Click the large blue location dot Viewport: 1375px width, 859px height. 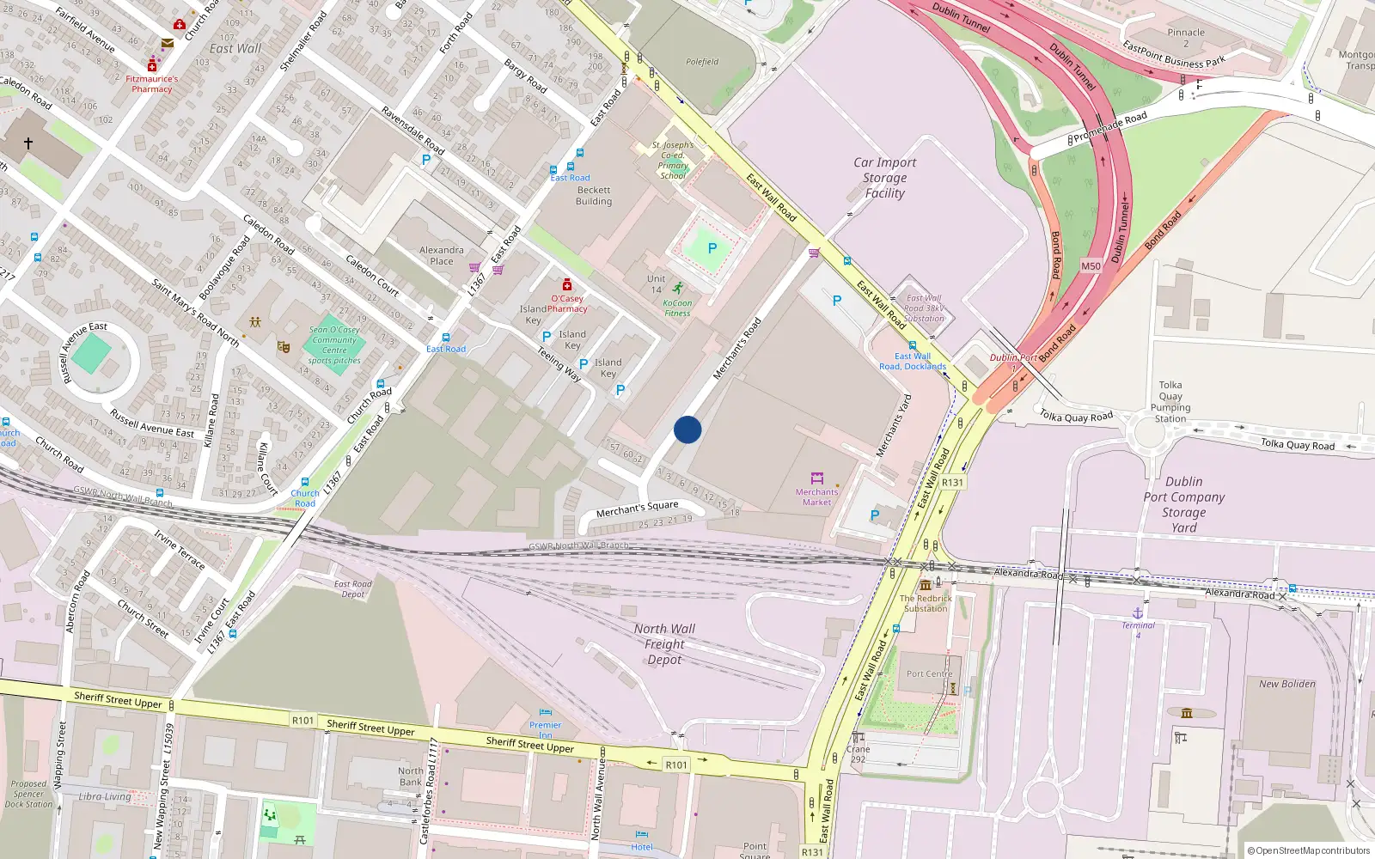(687, 429)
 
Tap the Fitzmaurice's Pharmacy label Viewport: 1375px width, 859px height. (152, 83)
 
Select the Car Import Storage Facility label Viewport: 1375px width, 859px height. (884, 178)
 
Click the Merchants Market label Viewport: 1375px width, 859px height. (816, 497)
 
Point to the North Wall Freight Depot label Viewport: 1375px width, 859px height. (664, 644)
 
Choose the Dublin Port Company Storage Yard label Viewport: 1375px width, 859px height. (1183, 504)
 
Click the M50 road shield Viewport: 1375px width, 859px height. (1091, 266)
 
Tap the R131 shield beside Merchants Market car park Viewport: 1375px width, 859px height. (952, 483)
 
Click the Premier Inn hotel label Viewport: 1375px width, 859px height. (545, 730)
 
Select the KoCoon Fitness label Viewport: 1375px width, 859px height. (677, 308)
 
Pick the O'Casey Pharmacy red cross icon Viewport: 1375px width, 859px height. (567, 285)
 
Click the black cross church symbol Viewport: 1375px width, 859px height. (28, 143)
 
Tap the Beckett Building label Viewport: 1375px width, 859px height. (594, 196)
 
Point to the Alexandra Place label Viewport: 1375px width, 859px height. (441, 255)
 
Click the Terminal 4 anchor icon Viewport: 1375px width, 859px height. (1138, 612)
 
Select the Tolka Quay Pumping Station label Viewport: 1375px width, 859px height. (1170, 401)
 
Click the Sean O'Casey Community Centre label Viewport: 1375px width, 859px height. (334, 344)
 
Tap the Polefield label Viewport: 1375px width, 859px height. (702, 62)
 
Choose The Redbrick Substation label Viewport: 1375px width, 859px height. (926, 603)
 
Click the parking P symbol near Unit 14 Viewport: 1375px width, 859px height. (712, 248)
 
